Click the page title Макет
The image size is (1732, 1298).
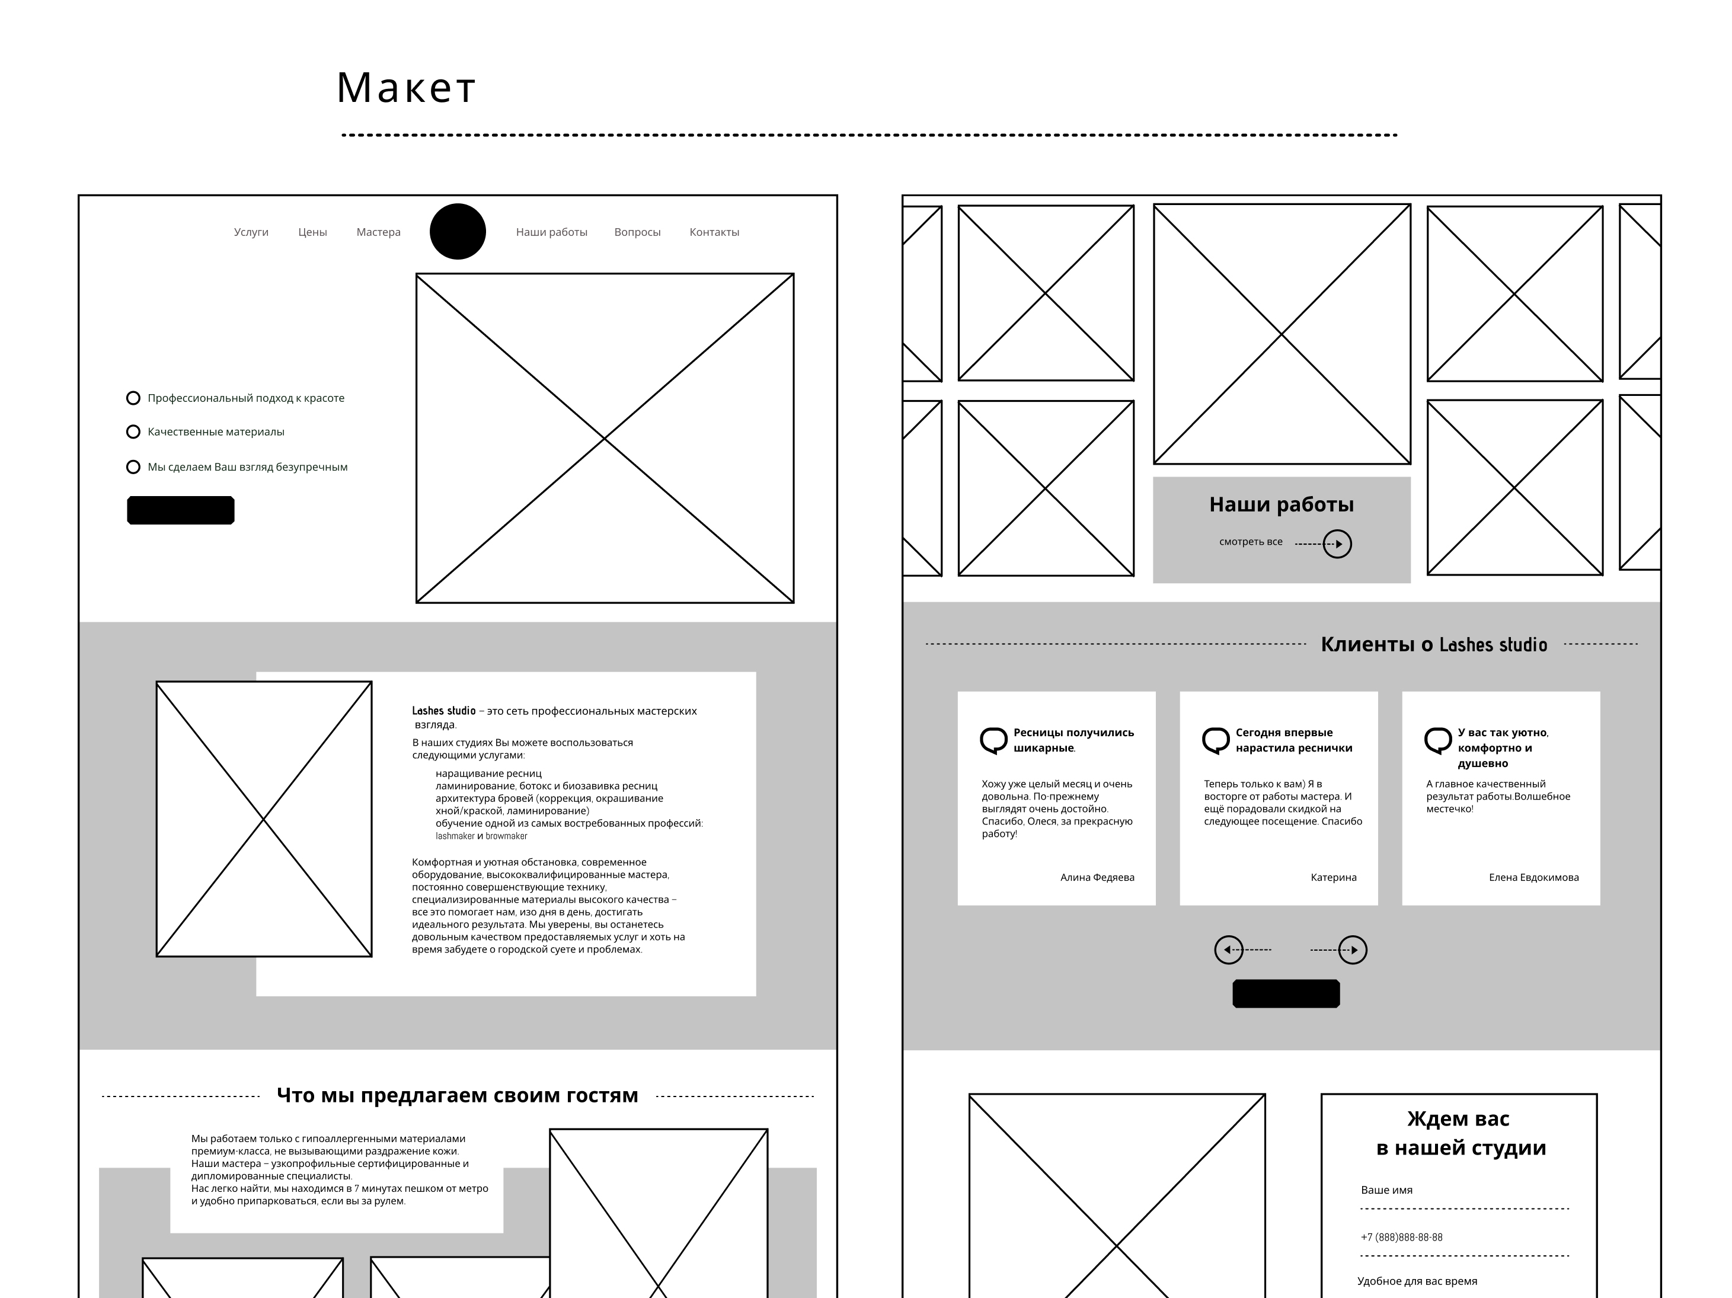coord(405,87)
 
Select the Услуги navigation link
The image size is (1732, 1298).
coord(251,232)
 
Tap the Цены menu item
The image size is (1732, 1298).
coord(312,232)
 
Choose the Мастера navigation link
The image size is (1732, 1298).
coord(378,232)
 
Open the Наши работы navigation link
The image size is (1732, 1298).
coord(551,232)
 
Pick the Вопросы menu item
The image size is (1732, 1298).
coord(637,232)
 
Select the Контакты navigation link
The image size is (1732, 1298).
coord(714,232)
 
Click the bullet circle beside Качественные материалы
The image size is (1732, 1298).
coord(133,432)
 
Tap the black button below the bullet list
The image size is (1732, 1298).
coord(181,510)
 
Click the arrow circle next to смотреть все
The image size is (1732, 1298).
coord(1337,544)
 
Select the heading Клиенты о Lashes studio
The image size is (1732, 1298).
coord(1434,644)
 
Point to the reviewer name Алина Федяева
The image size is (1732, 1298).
coord(1097,878)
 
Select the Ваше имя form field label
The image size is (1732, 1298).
coord(1386,1190)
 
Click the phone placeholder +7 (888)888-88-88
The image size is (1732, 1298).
coord(1402,1238)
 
